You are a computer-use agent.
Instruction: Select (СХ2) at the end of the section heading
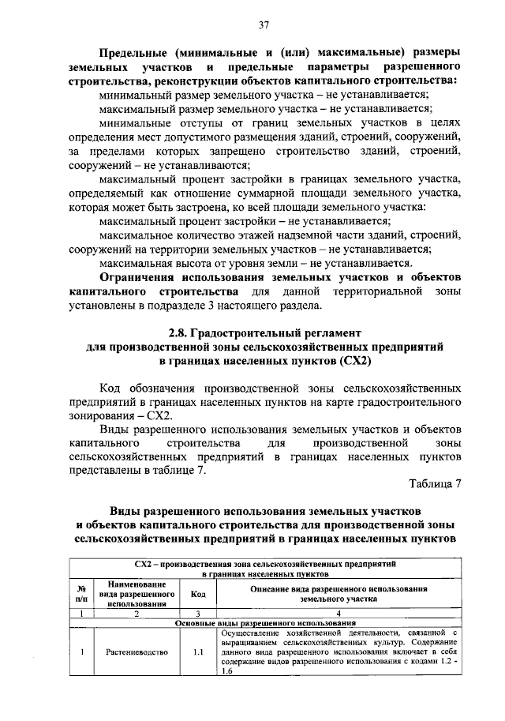351,361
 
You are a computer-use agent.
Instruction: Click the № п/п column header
80,594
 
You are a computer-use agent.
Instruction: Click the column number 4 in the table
339,613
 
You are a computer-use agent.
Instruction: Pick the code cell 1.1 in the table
198,653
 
